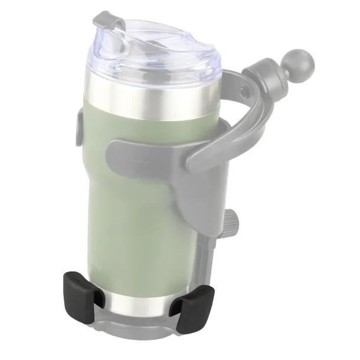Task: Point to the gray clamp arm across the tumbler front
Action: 148,153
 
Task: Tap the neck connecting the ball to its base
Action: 277,73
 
